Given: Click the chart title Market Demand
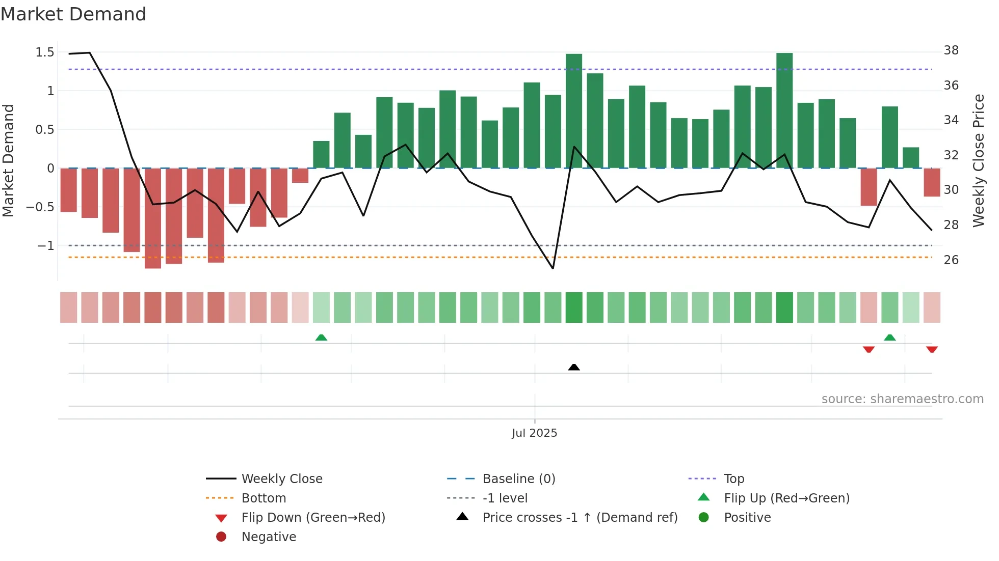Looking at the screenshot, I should [73, 14].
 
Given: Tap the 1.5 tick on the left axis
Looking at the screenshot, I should [45, 52].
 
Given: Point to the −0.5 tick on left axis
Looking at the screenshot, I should [40, 207].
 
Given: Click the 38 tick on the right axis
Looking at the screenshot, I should [951, 50].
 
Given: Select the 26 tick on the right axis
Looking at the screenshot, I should [951, 260].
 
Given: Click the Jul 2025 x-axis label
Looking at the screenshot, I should [534, 433].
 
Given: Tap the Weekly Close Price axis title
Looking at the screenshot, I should [978, 160].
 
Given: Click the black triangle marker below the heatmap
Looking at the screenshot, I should [574, 367].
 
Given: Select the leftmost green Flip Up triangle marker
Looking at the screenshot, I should [321, 338].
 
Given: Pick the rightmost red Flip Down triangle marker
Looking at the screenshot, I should [932, 349].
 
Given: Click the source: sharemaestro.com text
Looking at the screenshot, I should [902, 399].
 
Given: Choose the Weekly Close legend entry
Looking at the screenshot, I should [281, 479].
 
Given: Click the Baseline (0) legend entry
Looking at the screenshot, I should [518, 479].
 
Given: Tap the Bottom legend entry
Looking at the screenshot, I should [264, 498].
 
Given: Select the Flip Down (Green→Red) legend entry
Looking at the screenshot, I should [313, 518].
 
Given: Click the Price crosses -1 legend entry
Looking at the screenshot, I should [580, 518].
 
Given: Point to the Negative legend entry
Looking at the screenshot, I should [269, 537].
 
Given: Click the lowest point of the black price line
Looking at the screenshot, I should [553, 268].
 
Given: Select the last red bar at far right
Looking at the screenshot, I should [932, 182].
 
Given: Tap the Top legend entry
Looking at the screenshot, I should [733, 479].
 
